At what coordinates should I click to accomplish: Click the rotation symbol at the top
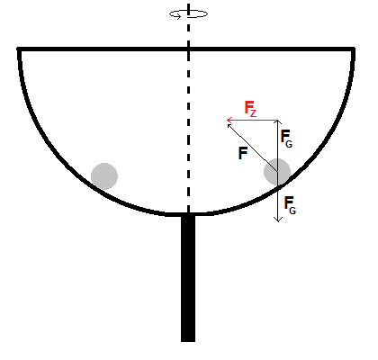click(188, 14)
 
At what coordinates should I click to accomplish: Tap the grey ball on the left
click(104, 176)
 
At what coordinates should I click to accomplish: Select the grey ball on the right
click(277, 172)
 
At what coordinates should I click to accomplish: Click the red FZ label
click(250, 109)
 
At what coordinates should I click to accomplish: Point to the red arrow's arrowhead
click(229, 121)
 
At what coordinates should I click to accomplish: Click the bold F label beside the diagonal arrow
click(243, 153)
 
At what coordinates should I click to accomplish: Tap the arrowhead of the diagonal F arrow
click(229, 125)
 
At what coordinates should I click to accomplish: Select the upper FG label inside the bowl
click(286, 139)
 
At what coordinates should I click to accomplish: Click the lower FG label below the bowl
click(290, 205)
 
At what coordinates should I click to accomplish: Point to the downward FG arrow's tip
click(278, 221)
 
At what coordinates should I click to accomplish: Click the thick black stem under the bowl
click(188, 278)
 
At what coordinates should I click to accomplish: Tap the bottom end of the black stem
click(188, 341)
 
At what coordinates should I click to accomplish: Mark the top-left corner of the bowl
click(19, 49)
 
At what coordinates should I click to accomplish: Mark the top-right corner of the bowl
click(354, 49)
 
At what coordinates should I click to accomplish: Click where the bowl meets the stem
click(188, 214)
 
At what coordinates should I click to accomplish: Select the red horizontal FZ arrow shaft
click(252, 121)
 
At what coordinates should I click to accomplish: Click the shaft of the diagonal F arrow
click(253, 148)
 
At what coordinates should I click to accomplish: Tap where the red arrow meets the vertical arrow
click(278, 121)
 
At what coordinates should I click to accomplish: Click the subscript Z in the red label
click(254, 113)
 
